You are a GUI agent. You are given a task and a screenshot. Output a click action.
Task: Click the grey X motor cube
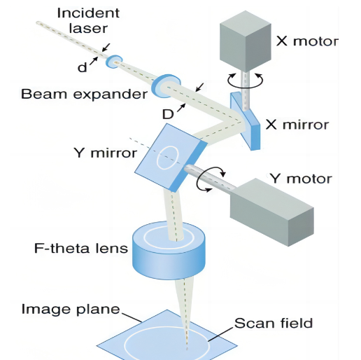[246, 41]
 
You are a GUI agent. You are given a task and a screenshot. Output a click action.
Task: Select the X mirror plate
[245, 120]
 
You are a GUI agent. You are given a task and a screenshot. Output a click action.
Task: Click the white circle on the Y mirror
[168, 158]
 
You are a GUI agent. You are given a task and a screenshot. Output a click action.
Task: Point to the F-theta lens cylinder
[169, 250]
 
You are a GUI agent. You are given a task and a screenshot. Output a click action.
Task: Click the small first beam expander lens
[114, 62]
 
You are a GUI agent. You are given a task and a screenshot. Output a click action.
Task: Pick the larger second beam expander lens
[166, 86]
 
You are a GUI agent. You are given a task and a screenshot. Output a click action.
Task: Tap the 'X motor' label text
[307, 41]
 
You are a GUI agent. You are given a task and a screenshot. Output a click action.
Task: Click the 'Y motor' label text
[301, 179]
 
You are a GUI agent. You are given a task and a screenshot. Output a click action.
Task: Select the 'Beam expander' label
[84, 94]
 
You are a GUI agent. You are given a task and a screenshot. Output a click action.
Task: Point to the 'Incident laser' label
[88, 20]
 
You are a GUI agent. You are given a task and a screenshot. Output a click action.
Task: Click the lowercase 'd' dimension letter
[82, 67]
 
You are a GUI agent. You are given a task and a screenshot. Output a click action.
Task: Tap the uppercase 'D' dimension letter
[168, 114]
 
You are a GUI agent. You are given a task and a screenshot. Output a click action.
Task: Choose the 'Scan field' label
[274, 323]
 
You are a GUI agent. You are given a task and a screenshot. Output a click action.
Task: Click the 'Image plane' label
[71, 310]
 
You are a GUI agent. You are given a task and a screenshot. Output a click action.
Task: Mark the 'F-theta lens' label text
[81, 248]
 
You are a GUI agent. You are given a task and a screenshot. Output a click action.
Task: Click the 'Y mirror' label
[105, 153]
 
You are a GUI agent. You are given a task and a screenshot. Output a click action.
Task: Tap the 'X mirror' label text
[297, 125]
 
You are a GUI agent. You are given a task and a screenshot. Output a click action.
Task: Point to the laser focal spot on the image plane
[187, 349]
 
